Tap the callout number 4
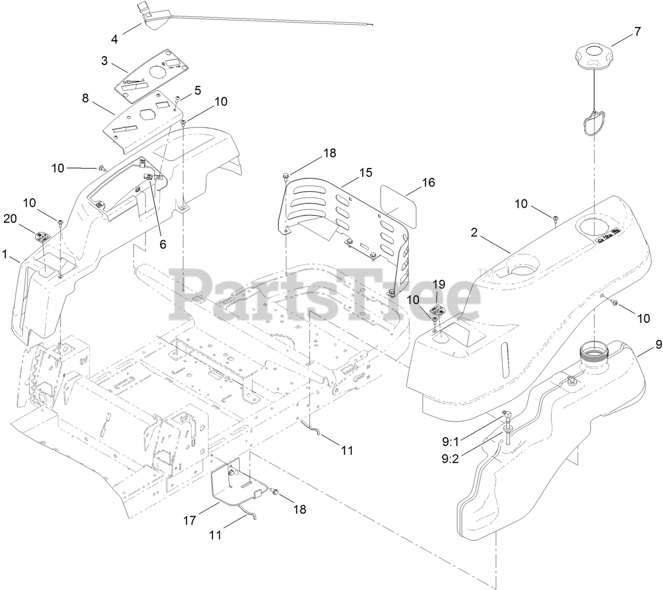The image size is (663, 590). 115,39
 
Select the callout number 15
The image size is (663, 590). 366,172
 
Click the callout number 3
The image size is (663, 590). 104,61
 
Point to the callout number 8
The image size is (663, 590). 85,99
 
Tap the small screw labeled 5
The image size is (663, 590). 177,100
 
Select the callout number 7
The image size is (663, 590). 637,31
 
